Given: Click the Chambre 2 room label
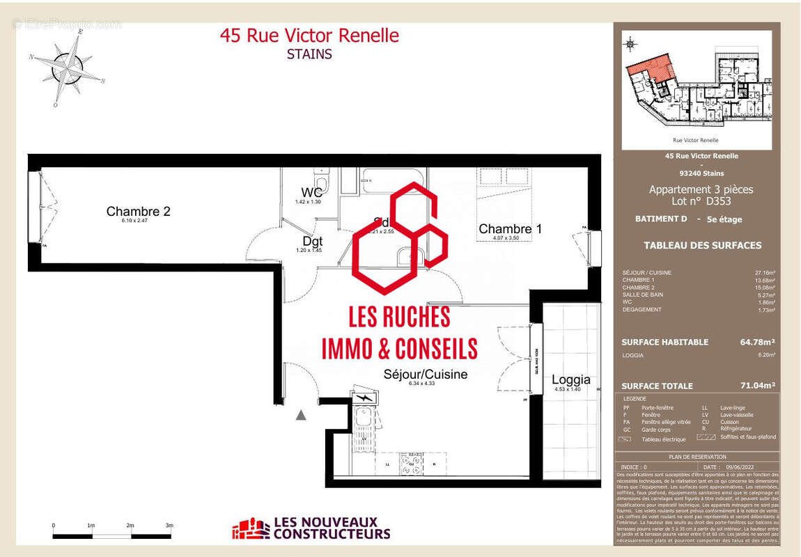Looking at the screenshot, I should point(138,211).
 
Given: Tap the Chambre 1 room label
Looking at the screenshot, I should point(510,228).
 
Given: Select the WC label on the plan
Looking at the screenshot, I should point(311,192).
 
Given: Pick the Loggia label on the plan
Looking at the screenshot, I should point(570,379).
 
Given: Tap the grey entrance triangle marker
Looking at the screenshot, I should point(301,415).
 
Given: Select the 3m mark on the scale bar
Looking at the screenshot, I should point(169,526).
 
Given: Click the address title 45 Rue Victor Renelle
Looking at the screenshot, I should point(309,36).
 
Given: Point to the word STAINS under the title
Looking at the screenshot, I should point(309,54).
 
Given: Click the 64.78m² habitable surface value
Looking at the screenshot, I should point(757,342).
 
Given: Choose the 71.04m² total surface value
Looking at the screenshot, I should point(757,385).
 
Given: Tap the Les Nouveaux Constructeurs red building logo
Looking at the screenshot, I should point(250,528).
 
